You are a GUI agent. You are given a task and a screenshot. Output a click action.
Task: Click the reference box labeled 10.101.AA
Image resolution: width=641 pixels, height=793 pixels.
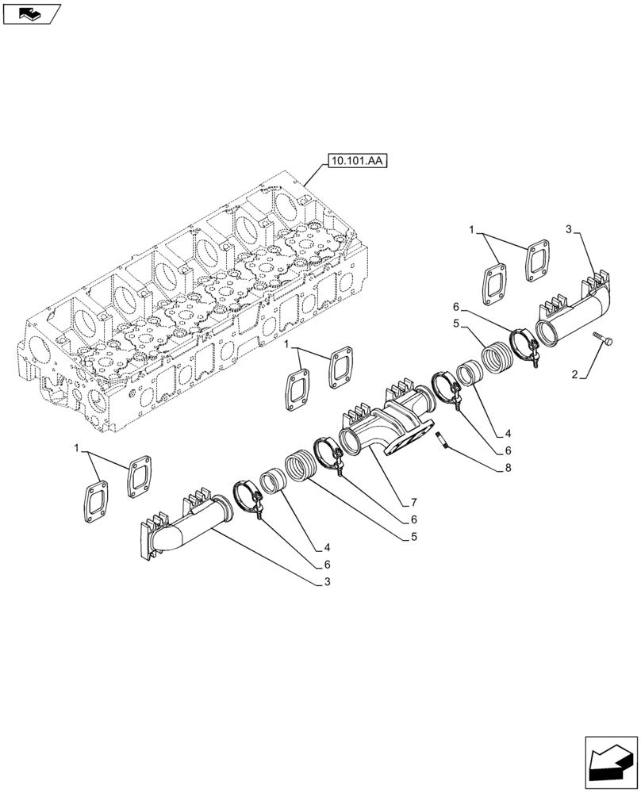click(x=354, y=162)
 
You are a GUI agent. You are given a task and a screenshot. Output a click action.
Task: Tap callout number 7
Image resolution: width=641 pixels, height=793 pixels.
click(x=413, y=502)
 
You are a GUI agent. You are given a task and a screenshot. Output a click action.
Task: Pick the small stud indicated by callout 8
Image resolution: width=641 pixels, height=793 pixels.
click(x=443, y=440)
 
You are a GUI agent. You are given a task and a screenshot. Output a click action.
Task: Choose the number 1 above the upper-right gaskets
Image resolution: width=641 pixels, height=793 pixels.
click(x=472, y=231)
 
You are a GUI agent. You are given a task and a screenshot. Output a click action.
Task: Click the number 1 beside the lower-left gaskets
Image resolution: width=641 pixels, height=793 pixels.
click(x=77, y=449)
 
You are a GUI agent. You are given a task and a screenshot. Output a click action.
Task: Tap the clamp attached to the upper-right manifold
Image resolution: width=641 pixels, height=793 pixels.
click(x=525, y=347)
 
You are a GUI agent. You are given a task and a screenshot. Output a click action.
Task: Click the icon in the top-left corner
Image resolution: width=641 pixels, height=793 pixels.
click(x=31, y=13)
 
